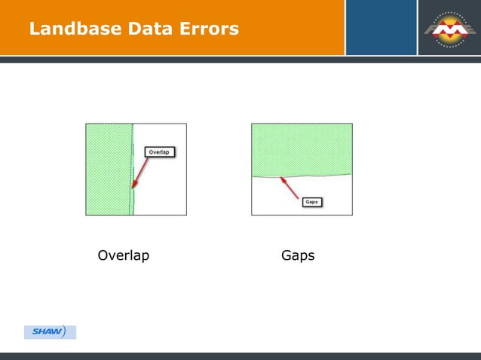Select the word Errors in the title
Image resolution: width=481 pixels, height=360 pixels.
[210, 29]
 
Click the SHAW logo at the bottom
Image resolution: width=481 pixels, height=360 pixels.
[50, 332]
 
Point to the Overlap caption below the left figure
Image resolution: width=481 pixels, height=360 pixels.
[124, 256]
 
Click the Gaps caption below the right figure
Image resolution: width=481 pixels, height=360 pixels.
[298, 256]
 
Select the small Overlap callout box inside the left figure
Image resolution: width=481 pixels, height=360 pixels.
[158, 152]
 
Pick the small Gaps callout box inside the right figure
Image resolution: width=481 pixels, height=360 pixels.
[312, 202]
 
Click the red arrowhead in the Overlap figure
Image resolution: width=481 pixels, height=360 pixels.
[133, 186]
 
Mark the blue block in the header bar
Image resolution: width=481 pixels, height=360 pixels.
[381, 27]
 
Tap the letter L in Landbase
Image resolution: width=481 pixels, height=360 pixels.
[34, 29]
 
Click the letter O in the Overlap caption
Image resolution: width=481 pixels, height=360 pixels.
[103, 256]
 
